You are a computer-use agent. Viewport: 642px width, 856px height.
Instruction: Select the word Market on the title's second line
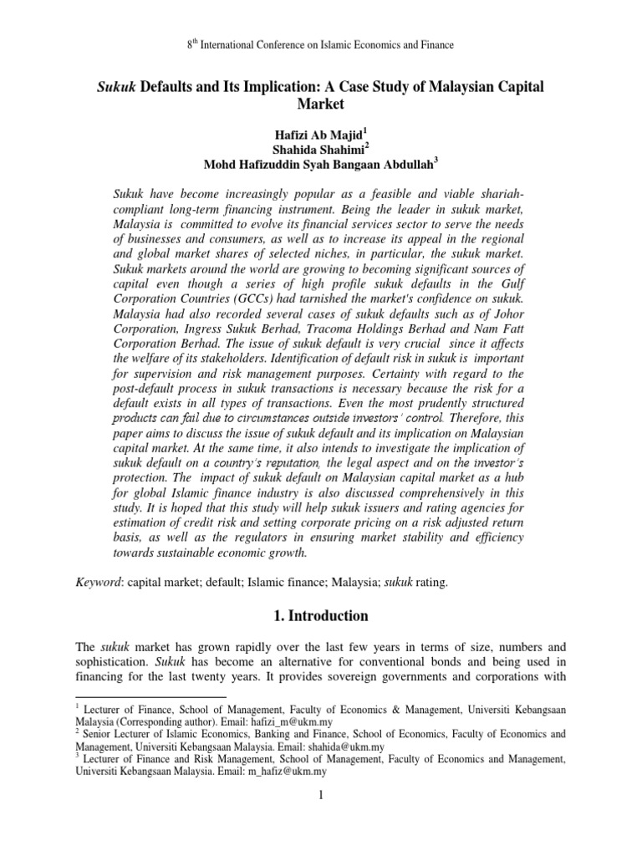pyautogui.click(x=321, y=104)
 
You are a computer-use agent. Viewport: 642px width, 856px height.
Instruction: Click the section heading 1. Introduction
pyautogui.click(x=321, y=616)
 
